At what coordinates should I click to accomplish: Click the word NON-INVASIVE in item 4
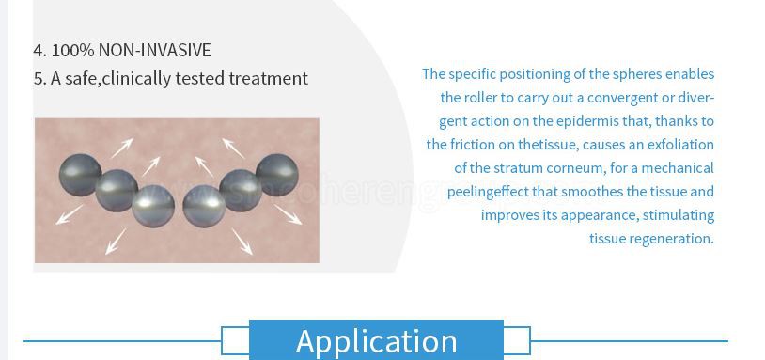click(x=155, y=50)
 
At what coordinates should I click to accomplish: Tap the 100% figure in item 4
click(x=72, y=50)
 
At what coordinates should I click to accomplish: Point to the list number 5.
click(x=39, y=79)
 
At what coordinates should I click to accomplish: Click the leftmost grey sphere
click(x=80, y=175)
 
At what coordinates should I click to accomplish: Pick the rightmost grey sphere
click(x=276, y=175)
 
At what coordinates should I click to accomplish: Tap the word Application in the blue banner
click(x=376, y=341)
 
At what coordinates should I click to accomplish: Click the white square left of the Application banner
click(x=235, y=340)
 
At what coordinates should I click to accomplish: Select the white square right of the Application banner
click(x=517, y=340)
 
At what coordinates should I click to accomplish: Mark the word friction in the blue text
click(x=471, y=145)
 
